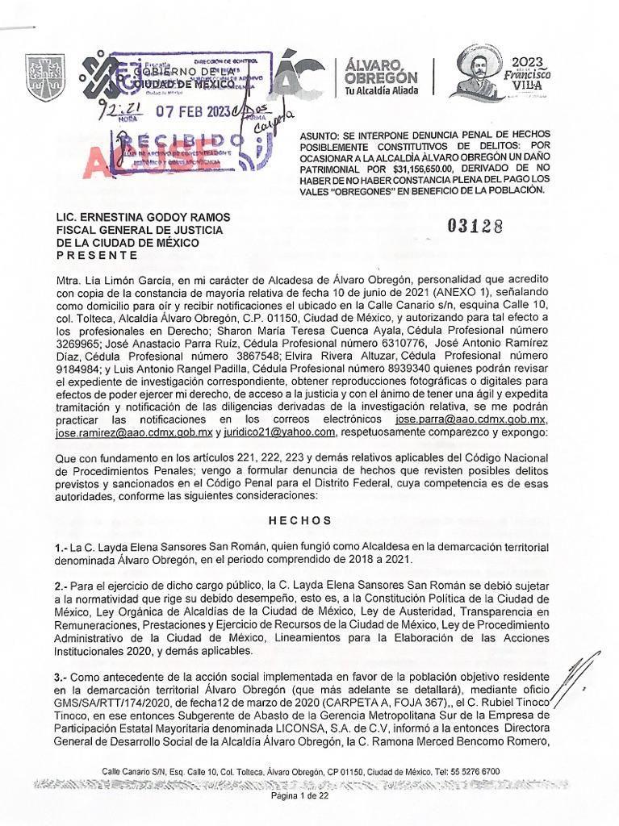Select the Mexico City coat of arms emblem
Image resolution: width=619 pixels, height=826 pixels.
point(40,77)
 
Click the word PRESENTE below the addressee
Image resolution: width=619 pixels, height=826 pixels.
point(96,255)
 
